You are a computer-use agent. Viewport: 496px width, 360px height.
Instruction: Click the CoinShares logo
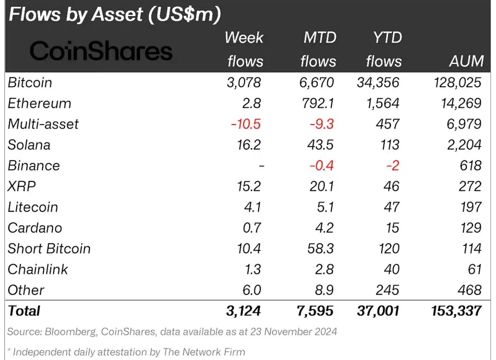[x=101, y=51]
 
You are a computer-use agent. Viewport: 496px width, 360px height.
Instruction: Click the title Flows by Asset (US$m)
[x=115, y=14]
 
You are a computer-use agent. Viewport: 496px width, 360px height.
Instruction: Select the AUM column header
[x=466, y=61]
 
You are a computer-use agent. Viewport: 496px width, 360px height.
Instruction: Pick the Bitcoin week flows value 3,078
[x=244, y=83]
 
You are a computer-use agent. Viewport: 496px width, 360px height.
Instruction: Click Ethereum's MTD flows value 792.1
[x=317, y=103]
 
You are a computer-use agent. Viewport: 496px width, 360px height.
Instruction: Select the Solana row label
[x=29, y=145]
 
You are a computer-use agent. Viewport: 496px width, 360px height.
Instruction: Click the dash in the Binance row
[x=262, y=166]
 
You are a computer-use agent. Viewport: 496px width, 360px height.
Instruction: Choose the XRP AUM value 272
[x=470, y=186]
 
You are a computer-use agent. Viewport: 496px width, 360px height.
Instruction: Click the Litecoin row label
[x=33, y=207]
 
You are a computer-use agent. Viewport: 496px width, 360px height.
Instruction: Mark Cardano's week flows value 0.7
[x=252, y=228]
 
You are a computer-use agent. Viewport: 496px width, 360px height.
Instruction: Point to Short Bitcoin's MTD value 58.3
[x=320, y=249]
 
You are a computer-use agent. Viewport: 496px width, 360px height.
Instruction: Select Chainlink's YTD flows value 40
[x=392, y=269]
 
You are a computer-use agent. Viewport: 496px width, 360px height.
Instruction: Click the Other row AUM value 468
[x=470, y=290]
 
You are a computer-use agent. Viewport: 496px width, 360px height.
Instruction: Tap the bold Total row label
[x=24, y=311]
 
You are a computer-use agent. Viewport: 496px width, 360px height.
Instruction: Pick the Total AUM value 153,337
[x=456, y=311]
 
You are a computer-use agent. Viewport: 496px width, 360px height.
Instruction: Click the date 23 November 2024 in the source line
[x=293, y=332]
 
